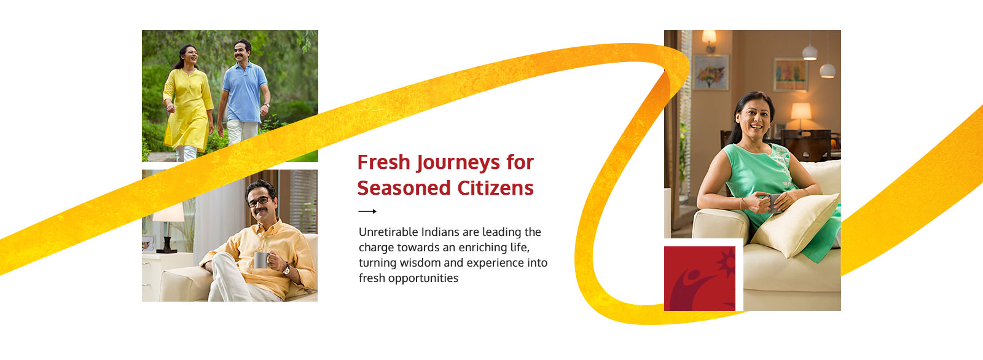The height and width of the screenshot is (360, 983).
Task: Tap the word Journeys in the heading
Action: click(x=458, y=163)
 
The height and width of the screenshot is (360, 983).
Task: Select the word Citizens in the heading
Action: click(x=495, y=188)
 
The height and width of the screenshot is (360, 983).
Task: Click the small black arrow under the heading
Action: click(x=367, y=211)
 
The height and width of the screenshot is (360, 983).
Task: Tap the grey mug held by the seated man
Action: click(x=262, y=260)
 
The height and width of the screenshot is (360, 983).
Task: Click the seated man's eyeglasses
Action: click(x=260, y=202)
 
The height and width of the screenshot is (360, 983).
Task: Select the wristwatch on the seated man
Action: click(x=286, y=269)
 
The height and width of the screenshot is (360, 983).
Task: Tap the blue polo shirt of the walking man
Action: click(x=244, y=93)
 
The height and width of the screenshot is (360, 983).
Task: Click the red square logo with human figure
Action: click(x=700, y=278)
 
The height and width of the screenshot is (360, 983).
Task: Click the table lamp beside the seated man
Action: click(x=168, y=226)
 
